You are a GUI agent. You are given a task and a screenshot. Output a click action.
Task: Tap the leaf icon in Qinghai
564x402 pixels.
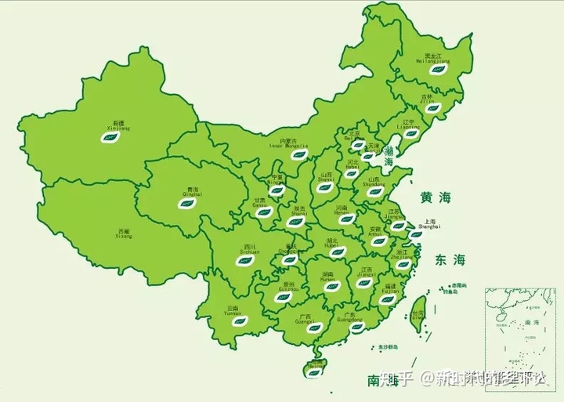pyautogui.click(x=188, y=204)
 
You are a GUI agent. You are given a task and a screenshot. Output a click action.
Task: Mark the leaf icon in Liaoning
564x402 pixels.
pyautogui.click(x=410, y=134)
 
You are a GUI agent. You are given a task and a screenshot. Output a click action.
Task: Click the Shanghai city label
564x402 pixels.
pyautogui.click(x=430, y=223)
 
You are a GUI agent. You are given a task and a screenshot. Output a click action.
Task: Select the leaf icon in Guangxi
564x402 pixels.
pyautogui.click(x=315, y=327)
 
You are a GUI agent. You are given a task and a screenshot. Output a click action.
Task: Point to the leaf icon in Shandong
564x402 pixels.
pyautogui.click(x=375, y=191)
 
